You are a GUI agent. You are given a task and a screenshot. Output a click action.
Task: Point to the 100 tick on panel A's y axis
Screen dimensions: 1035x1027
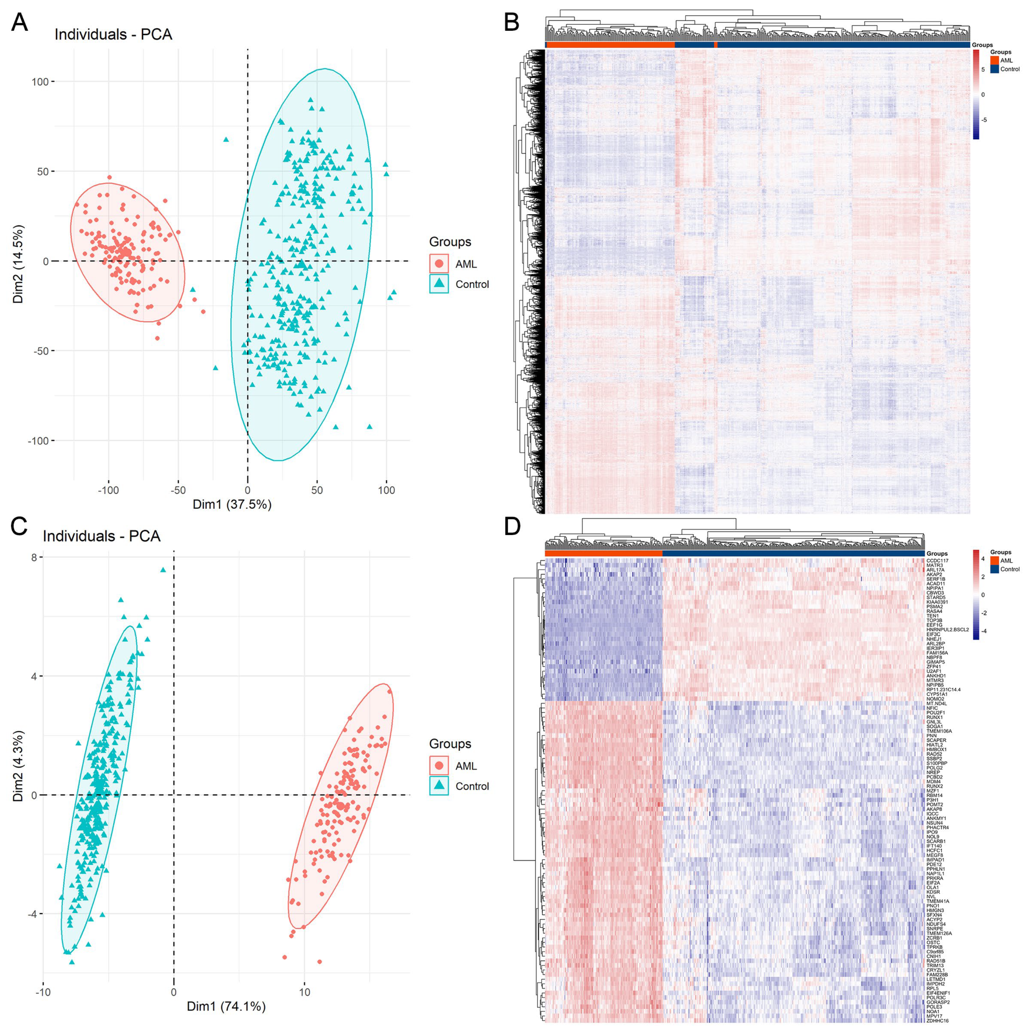point(40,82)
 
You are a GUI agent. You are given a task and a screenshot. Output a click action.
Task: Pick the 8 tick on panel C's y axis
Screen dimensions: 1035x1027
point(34,557)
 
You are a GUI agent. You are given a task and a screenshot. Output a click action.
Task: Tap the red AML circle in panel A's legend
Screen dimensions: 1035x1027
point(439,264)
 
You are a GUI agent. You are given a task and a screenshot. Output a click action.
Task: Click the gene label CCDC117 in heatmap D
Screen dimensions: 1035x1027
point(937,561)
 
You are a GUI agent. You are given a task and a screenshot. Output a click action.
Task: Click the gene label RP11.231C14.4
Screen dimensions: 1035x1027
point(943,689)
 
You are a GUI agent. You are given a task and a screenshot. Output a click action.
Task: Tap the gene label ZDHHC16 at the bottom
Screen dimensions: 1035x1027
point(937,1021)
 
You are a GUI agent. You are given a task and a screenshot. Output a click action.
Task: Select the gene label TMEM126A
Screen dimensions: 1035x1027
point(939,933)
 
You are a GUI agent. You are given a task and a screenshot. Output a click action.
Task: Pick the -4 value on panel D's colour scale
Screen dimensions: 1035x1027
point(983,631)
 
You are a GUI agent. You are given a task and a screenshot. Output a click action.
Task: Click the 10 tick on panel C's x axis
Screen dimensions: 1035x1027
point(304,992)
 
